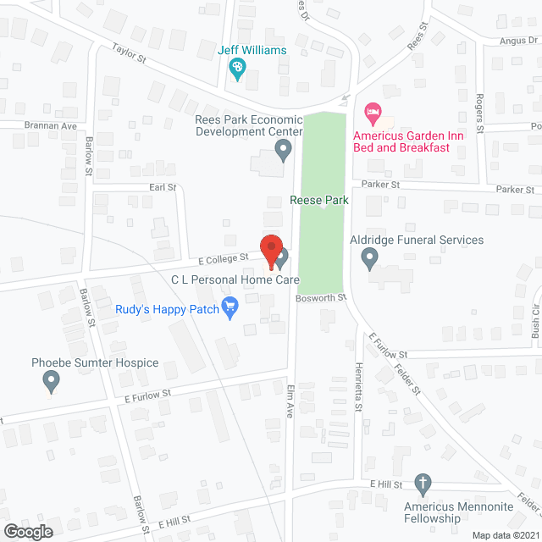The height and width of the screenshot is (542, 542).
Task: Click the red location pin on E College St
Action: point(271,251)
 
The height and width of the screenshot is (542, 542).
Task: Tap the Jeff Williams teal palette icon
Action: point(238,68)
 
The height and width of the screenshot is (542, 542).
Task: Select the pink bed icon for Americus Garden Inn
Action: point(372,112)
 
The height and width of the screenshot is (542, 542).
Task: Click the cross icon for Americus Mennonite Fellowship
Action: point(423,484)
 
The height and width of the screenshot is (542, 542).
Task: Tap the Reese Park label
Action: point(319,201)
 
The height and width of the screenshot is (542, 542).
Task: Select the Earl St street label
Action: point(162,187)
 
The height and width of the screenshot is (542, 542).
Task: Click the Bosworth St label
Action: point(322,297)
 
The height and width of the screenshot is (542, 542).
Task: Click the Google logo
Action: point(28,531)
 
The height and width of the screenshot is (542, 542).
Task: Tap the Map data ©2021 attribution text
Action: point(505,535)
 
